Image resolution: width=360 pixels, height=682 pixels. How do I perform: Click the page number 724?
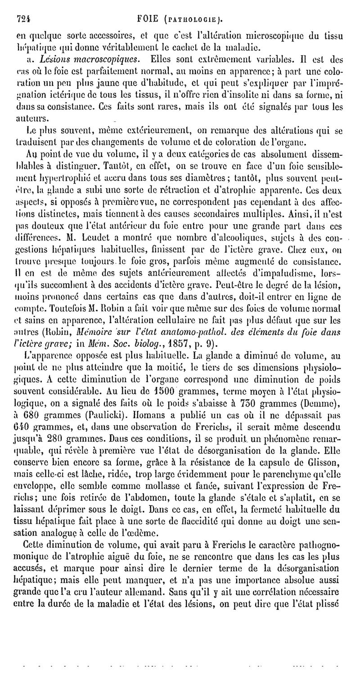22,18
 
